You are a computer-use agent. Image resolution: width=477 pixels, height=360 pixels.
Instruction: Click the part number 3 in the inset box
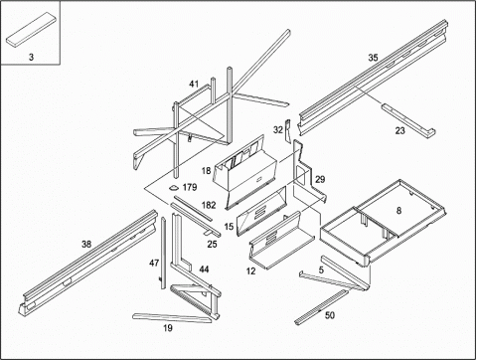tap(31, 57)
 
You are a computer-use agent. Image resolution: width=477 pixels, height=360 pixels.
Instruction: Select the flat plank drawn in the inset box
tap(31, 29)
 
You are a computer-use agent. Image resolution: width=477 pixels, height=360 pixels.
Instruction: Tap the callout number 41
tap(194, 84)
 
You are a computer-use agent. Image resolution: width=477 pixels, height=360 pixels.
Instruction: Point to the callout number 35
tap(373, 58)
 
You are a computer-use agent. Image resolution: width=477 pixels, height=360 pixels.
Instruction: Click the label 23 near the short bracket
tap(399, 130)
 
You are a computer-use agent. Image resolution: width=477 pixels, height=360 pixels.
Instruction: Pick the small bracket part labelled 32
tap(287, 131)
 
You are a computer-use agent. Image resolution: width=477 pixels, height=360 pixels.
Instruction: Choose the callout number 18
tap(206, 171)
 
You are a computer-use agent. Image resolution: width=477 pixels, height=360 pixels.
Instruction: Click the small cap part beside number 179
tap(174, 188)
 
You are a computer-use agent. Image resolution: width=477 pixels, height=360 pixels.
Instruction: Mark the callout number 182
tap(209, 205)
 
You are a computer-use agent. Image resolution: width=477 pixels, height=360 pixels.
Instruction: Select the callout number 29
tap(320, 180)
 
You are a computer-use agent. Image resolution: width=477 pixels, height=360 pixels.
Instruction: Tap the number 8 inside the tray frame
tap(398, 211)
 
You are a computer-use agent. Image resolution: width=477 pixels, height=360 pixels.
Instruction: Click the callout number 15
tap(229, 227)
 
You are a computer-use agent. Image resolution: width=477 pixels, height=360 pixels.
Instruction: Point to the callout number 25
tap(212, 245)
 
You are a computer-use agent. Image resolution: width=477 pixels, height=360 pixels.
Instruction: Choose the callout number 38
tap(86, 245)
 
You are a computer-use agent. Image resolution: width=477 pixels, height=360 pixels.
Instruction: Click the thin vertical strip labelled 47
tap(163, 253)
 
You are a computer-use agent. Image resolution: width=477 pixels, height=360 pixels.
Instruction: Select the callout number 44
tap(204, 270)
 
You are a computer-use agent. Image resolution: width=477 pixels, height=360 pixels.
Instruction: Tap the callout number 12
tap(250, 271)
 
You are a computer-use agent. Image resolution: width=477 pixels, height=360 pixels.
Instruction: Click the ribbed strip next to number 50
tap(321, 307)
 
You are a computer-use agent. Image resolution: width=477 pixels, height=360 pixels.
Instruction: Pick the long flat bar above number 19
tap(172, 317)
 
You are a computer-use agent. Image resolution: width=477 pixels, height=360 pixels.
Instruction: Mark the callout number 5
tap(321, 270)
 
